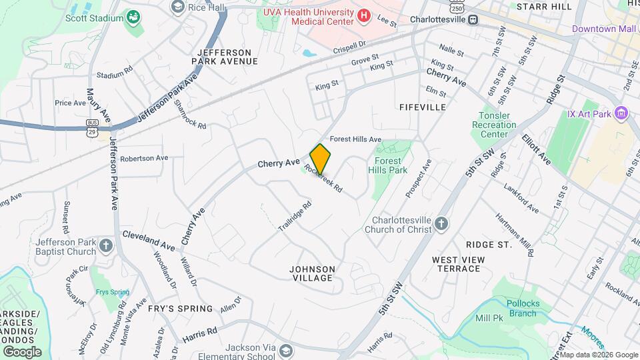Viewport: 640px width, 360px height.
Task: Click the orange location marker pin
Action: pyautogui.click(x=320, y=159)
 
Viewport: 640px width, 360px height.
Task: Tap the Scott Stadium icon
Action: pyautogui.click(x=133, y=17)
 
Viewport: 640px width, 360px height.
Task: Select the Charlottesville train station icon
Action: pyautogui.click(x=473, y=19)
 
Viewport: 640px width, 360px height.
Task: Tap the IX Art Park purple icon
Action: pyautogui.click(x=621, y=113)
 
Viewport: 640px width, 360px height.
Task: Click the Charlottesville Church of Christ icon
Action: pyautogui.click(x=441, y=223)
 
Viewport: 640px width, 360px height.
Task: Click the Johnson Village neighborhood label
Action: pyautogui.click(x=313, y=273)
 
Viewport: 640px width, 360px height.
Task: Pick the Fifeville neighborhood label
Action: pyautogui.click(x=422, y=107)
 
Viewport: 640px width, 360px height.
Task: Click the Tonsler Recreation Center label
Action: pyautogui.click(x=494, y=125)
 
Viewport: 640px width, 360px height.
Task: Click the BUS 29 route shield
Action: pyautogui.click(x=93, y=125)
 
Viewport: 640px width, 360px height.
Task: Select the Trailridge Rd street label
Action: pyautogui.click(x=295, y=217)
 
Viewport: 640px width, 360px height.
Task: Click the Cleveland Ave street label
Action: pyautogui.click(x=149, y=241)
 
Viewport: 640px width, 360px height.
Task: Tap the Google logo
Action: pyautogui.click(x=23, y=351)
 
